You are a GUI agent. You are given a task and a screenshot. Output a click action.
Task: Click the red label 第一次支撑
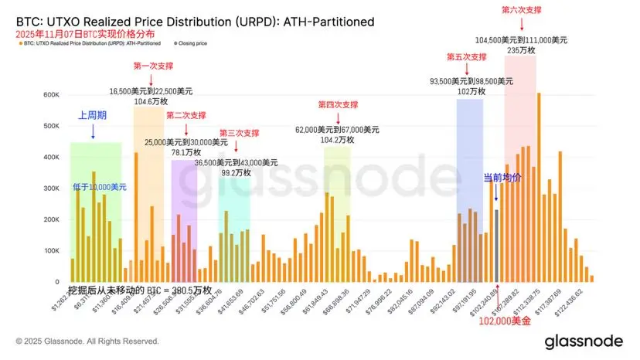click(151, 66)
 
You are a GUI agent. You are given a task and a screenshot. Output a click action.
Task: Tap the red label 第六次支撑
click(521, 10)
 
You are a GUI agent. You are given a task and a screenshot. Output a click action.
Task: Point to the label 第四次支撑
click(338, 104)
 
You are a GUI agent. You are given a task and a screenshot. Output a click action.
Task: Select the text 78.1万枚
click(186, 153)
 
